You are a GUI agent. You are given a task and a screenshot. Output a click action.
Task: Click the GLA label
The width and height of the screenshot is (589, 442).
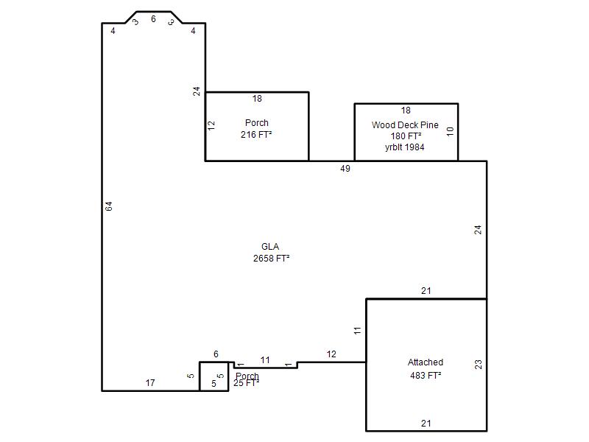pos(270,247)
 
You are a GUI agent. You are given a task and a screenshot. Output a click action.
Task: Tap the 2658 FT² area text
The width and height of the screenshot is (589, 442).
pos(271,259)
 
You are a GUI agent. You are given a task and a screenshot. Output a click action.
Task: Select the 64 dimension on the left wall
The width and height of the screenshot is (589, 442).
pos(108,206)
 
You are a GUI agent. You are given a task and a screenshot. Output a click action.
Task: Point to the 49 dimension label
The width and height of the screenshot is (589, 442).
pos(345,169)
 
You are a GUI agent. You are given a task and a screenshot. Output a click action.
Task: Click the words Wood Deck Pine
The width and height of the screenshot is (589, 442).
pos(405,124)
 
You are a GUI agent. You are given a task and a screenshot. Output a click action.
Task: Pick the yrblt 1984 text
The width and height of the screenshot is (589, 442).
pos(404,147)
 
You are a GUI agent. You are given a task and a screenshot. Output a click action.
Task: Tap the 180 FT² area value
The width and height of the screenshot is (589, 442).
pos(406,136)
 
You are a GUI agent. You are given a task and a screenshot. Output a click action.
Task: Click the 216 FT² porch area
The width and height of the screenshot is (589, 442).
pos(256,134)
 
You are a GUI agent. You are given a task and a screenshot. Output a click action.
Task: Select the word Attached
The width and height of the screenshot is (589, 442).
pos(426,362)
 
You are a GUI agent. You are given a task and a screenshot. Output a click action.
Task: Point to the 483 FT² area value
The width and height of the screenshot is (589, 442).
pos(426,375)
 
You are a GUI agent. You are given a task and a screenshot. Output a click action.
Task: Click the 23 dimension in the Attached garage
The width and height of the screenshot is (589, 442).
pos(478,364)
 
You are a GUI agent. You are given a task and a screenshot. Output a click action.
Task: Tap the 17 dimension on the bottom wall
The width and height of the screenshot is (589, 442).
pos(150,382)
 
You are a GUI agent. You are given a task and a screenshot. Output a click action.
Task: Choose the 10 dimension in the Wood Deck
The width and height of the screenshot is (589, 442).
pos(450,131)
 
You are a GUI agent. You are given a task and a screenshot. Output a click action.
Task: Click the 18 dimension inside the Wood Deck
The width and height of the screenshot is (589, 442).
pos(406,110)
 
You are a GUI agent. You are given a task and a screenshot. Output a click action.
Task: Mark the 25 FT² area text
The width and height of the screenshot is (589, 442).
pos(247,383)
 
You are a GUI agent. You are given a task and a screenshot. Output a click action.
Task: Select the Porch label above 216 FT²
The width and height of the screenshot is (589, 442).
pos(256,122)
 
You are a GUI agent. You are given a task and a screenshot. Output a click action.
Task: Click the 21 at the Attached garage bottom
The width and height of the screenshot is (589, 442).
pos(426,423)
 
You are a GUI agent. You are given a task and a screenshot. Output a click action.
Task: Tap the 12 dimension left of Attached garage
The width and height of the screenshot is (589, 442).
pos(331,354)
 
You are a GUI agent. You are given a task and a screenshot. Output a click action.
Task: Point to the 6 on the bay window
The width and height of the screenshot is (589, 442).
pos(153,19)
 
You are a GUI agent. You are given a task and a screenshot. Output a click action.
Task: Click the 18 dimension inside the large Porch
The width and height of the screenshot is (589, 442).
pos(257,99)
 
